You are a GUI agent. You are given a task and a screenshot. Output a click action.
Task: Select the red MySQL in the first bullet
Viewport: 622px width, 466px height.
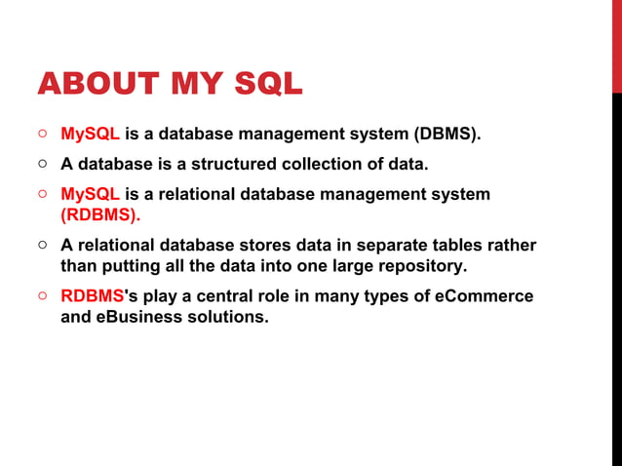91,133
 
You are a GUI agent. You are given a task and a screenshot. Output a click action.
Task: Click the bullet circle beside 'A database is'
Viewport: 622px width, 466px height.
45,163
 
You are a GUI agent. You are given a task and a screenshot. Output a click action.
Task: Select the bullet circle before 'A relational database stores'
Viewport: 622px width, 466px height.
45,245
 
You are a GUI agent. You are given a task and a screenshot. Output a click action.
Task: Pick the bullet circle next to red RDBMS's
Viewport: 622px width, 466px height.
45,295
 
